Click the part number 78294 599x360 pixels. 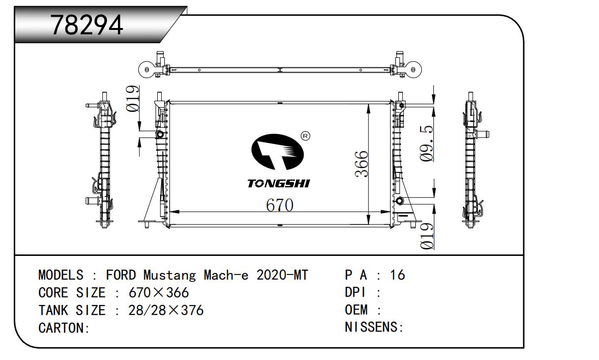[87, 25]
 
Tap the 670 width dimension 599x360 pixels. [280, 205]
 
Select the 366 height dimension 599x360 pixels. [362, 164]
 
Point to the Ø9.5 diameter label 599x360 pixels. [426, 143]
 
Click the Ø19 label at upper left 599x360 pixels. [133, 98]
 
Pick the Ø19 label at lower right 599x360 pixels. [427, 236]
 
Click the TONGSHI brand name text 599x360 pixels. [279, 184]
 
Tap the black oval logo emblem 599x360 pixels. [278, 152]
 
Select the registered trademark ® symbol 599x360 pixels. [305, 136]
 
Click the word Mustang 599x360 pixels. [170, 276]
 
